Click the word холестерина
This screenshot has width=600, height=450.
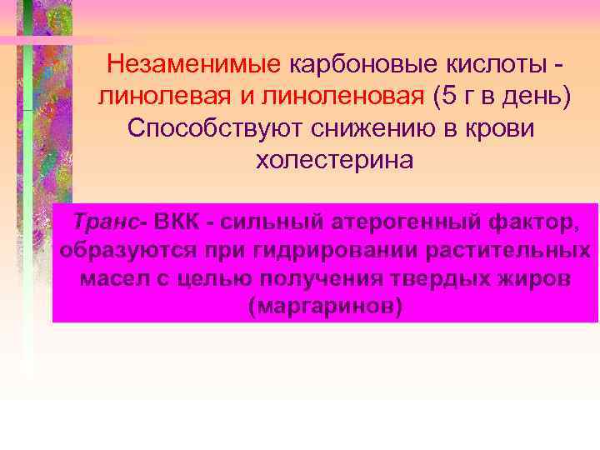pyautogui.click(x=334, y=159)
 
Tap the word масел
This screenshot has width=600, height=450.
pyautogui.click(x=113, y=277)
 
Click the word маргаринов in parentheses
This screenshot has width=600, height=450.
pyautogui.click(x=326, y=305)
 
